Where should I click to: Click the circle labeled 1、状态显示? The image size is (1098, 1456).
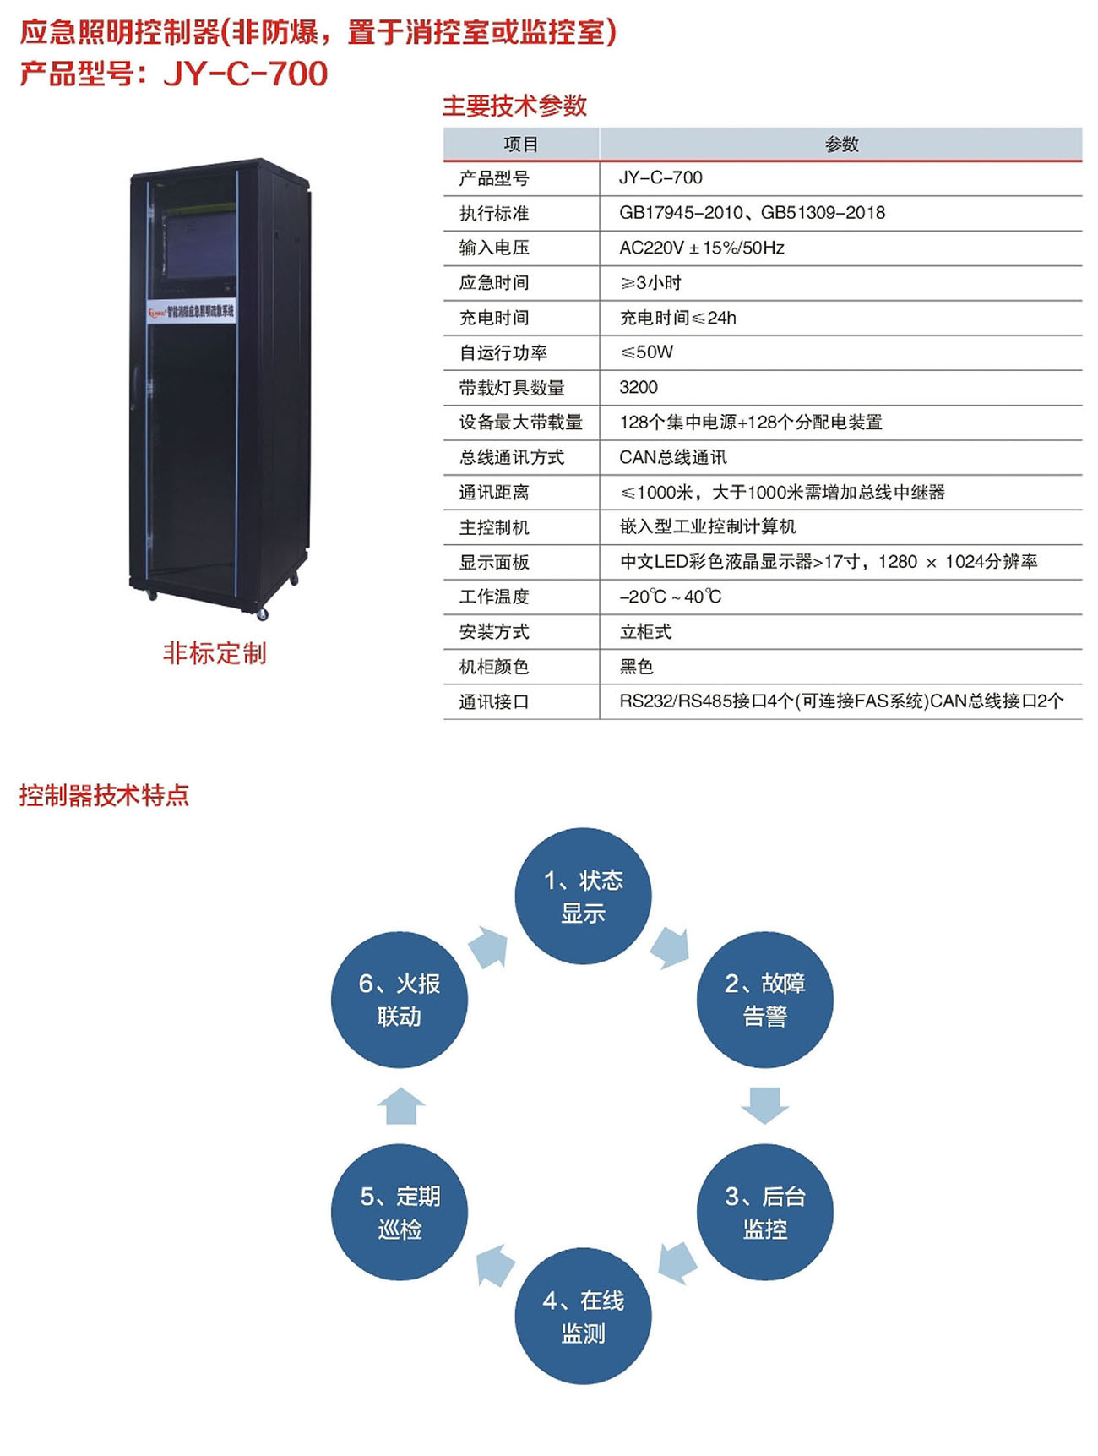coord(583,896)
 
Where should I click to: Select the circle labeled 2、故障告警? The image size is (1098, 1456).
coord(764,1000)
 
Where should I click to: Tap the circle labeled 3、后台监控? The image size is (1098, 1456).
coord(764,1212)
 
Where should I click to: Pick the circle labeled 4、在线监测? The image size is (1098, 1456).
coord(583,1316)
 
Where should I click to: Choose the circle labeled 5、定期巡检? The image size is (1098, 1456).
coord(400,1212)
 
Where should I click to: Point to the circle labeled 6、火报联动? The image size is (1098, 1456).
coord(400,1000)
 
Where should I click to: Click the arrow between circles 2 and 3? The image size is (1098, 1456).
coord(764,1105)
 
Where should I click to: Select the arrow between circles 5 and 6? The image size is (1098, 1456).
coord(400,1105)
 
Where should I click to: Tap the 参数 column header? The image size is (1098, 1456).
coord(841,145)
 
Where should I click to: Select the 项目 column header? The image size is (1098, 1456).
coord(521,145)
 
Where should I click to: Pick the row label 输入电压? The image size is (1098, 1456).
coord(494,248)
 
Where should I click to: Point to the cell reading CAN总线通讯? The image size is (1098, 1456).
coord(673,457)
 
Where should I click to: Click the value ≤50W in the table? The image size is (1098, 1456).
coord(647,352)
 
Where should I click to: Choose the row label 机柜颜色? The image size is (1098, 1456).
coord(494,667)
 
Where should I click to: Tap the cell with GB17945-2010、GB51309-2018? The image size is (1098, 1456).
coord(753,213)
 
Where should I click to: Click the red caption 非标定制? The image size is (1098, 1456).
coord(215,653)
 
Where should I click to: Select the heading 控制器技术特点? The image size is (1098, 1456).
coord(105,795)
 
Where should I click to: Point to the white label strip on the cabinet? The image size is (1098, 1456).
coord(191,311)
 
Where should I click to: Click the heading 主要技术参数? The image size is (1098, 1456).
coord(514,106)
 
